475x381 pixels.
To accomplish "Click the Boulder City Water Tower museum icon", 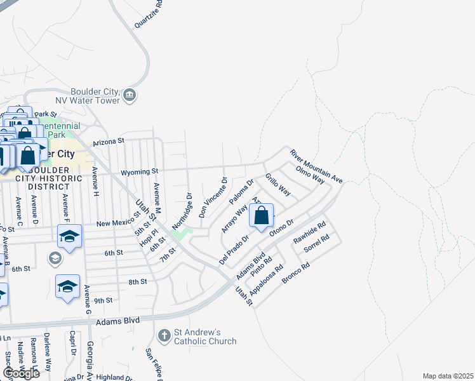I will point(130,95).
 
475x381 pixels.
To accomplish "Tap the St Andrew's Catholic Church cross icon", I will point(164,335).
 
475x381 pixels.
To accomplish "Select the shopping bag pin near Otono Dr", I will point(261,217).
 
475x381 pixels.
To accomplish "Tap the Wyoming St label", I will point(141,171).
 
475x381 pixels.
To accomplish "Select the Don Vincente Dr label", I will point(212,197).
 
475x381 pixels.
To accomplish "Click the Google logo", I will point(21,373).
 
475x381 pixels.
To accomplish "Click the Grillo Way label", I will point(278,184).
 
